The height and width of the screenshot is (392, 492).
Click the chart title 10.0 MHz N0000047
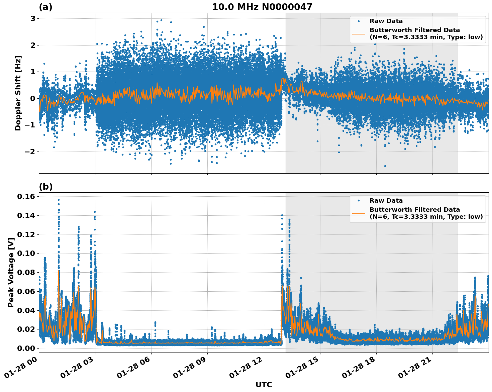click(x=262, y=7)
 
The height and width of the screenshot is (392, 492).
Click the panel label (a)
click(x=45, y=7)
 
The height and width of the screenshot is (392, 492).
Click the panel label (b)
click(x=45, y=187)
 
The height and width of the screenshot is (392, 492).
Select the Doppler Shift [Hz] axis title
click(x=18, y=93)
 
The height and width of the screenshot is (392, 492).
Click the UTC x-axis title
click(x=264, y=385)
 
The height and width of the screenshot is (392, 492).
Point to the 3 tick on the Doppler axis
click(x=33, y=18)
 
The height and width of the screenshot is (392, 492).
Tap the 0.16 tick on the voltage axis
click(x=26, y=196)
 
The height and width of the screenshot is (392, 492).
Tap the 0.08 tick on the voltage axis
click(x=26, y=272)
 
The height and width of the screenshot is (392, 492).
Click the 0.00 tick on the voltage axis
click(x=26, y=348)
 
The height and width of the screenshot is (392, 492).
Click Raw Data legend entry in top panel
click(x=386, y=21)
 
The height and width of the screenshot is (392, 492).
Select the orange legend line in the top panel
click(x=359, y=33)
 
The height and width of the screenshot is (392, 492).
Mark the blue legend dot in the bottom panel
click(x=359, y=201)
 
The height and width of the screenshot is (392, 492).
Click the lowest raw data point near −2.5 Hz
click(x=385, y=166)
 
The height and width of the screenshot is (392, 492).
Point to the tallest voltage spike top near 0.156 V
click(x=59, y=200)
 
